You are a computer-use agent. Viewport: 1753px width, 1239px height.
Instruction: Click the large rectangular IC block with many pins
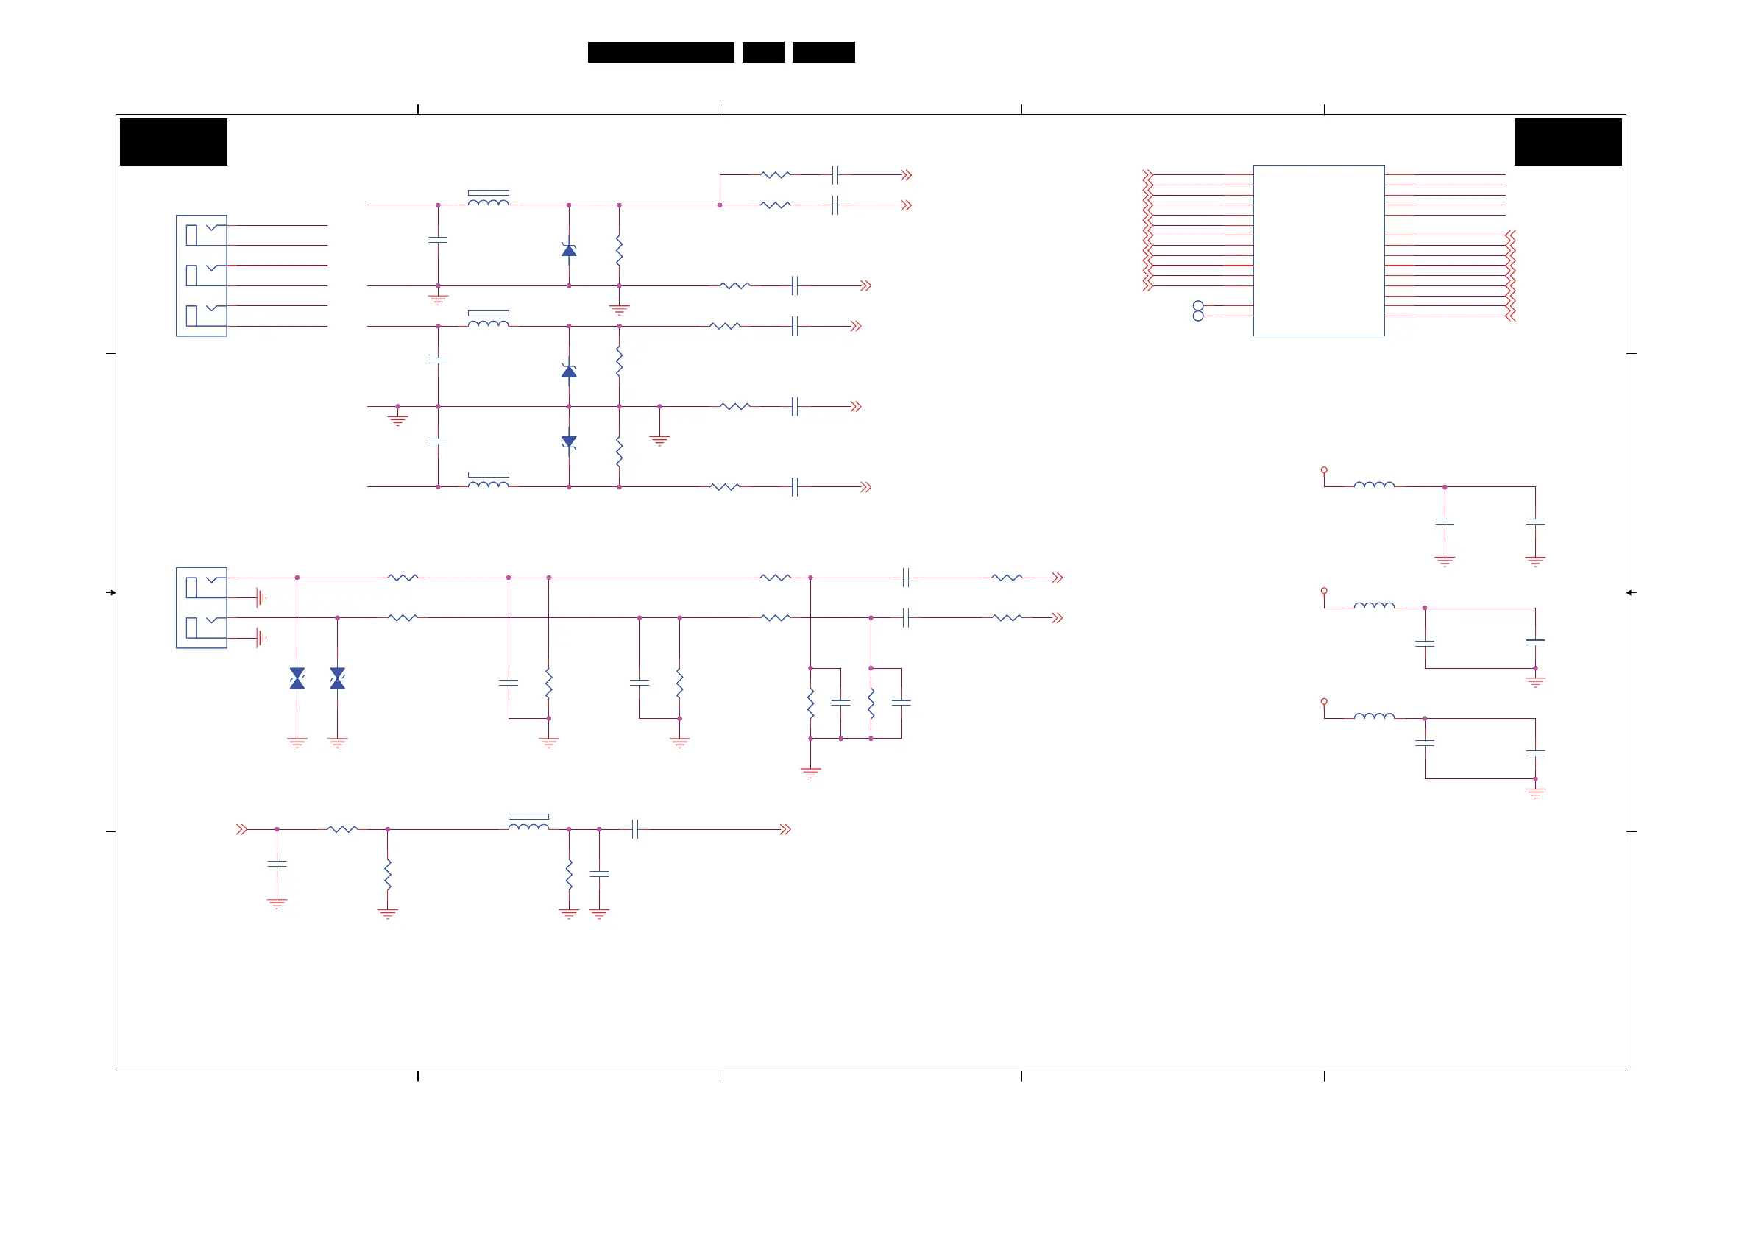[x=1318, y=250]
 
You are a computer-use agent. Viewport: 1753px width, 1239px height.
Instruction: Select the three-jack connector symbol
[x=201, y=276]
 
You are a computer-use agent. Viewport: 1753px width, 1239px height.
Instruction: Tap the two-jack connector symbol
[x=201, y=608]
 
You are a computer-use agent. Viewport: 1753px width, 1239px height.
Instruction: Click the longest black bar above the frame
[x=660, y=52]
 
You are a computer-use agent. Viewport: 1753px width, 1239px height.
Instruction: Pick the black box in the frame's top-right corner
[x=1568, y=142]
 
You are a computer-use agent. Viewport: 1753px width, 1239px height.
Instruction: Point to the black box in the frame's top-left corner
[x=174, y=142]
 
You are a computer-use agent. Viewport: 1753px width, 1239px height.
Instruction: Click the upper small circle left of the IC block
[x=1198, y=306]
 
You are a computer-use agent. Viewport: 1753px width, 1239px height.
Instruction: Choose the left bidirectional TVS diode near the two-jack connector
[x=297, y=678]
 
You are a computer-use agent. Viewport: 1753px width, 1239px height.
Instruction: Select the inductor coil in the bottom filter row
[x=528, y=826]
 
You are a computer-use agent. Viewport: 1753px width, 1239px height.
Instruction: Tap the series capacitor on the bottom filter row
[x=635, y=829]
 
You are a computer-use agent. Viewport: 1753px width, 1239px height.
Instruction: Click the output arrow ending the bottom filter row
[x=785, y=829]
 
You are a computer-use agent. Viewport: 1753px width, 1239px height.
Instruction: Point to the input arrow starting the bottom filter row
[x=242, y=829]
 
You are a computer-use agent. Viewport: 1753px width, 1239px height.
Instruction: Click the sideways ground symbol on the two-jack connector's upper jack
[x=261, y=597]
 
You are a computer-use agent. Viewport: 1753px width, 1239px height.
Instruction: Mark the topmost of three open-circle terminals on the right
[x=1324, y=470]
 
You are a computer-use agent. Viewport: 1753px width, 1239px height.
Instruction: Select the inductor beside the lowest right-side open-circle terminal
[x=1373, y=716]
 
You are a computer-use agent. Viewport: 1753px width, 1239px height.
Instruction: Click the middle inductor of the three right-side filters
[x=1373, y=606]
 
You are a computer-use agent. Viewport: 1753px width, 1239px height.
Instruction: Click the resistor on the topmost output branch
[x=775, y=175]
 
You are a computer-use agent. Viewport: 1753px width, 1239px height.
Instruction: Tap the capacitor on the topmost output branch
[x=835, y=175]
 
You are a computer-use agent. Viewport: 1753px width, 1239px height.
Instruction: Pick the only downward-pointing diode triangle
[x=569, y=442]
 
